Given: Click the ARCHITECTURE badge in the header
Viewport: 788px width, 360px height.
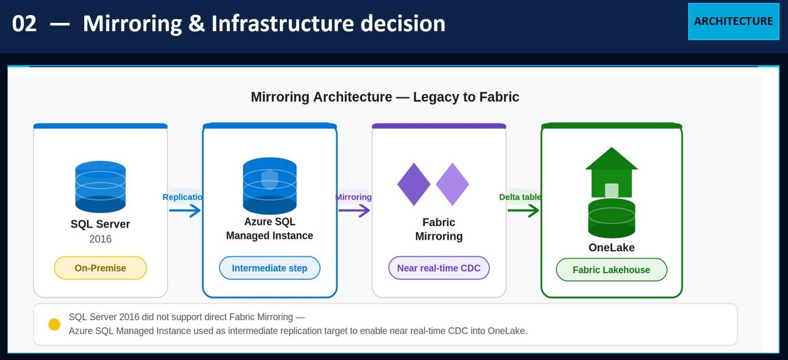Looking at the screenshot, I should pos(733,21).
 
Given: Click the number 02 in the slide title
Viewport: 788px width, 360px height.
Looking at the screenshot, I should pos(24,24).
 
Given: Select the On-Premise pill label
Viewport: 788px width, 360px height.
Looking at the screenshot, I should pos(100,268).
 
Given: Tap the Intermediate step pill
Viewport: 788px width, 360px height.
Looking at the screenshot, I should pos(269,268).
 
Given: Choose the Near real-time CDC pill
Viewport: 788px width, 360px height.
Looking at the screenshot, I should pos(439,268).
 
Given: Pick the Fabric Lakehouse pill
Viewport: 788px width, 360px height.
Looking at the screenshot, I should pos(611,270).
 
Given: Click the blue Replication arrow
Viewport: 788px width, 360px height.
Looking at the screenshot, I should pos(185,211).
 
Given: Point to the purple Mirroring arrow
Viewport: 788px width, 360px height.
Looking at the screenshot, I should pos(354,211).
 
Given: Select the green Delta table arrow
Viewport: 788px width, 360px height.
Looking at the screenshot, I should pos(523,211).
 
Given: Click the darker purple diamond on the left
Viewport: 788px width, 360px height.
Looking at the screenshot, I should pos(414,184).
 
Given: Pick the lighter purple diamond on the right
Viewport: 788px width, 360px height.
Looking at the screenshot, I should pos(453,184).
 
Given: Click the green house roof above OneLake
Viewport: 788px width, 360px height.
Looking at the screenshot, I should pos(612,159).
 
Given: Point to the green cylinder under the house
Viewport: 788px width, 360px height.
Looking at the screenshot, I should pos(612,218).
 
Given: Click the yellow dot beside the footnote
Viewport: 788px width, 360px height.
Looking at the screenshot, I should pos(54,325).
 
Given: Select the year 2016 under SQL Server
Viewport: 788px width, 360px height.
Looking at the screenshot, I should pos(100,239).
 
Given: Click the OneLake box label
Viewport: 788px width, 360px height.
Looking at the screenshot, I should pos(612,248).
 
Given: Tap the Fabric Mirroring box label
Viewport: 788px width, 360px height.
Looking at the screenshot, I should pos(439,229).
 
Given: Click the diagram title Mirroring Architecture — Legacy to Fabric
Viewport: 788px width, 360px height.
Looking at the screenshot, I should pos(385,97).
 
